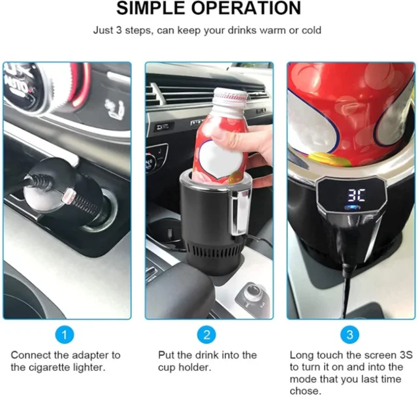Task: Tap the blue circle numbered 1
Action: click(64, 334)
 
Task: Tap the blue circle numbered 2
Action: click(206, 334)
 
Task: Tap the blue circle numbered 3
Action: click(350, 334)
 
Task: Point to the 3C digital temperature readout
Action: click(356, 195)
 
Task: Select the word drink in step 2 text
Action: click(207, 355)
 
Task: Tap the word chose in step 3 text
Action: click(306, 391)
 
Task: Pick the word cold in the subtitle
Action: click(311, 30)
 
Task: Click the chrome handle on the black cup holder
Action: click(239, 214)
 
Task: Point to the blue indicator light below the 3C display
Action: click(353, 208)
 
